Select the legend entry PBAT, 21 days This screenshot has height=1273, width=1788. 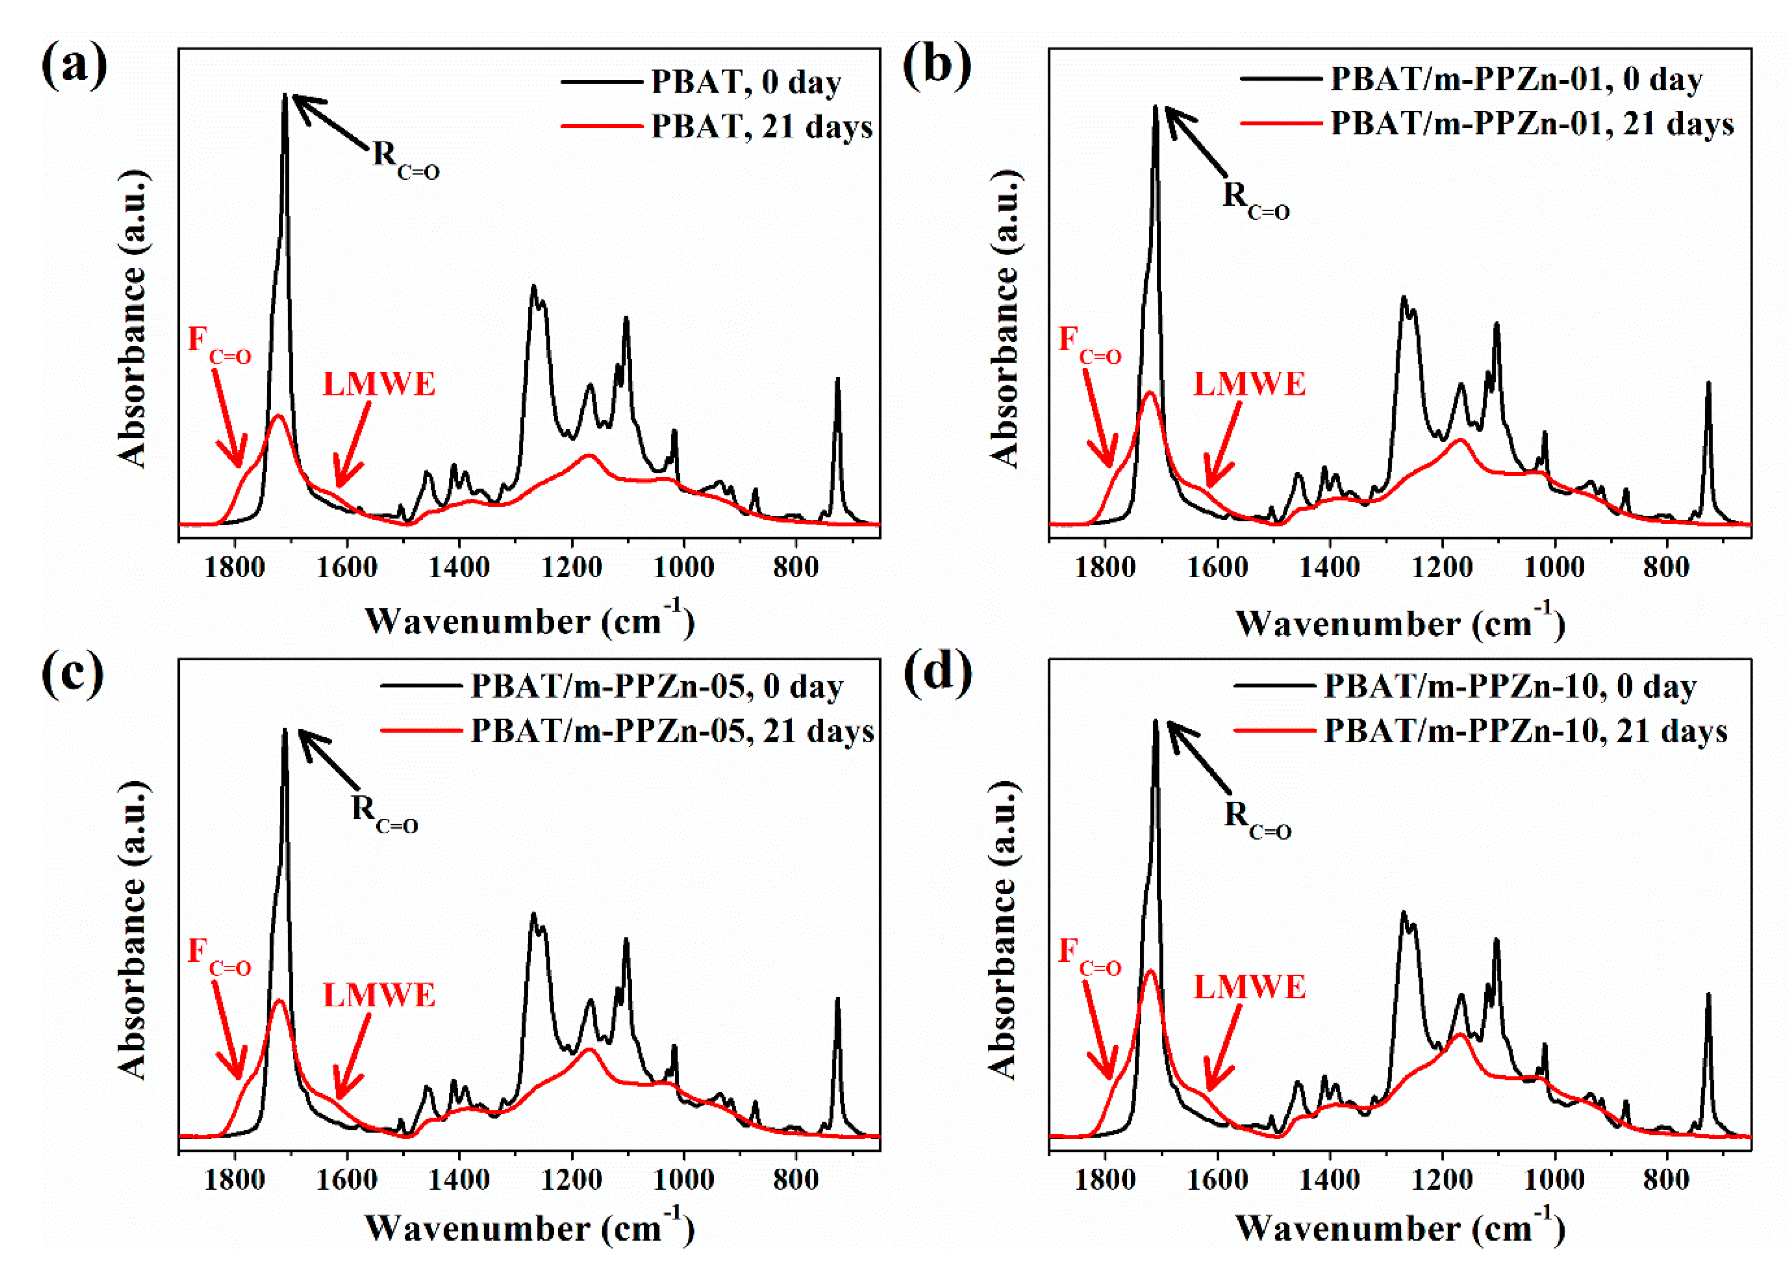coord(761,126)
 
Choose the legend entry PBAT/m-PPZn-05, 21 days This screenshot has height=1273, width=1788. coord(671,731)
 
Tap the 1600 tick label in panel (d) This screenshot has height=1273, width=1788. coord(1217,1179)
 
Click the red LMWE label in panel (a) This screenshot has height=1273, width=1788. coord(379,384)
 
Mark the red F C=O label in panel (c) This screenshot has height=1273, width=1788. coord(219,957)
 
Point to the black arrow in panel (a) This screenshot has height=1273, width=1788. coord(329,122)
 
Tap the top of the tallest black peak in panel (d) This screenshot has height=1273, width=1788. coord(1154,721)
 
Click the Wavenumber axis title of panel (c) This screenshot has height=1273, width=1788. coord(530,1227)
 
